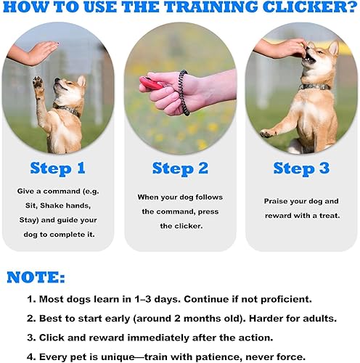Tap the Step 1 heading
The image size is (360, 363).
click(58, 168)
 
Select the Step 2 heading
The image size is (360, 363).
click(180, 168)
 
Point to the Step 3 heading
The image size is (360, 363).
click(301, 168)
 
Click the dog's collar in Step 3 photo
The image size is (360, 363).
click(317, 87)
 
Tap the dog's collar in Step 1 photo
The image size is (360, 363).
click(70, 111)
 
